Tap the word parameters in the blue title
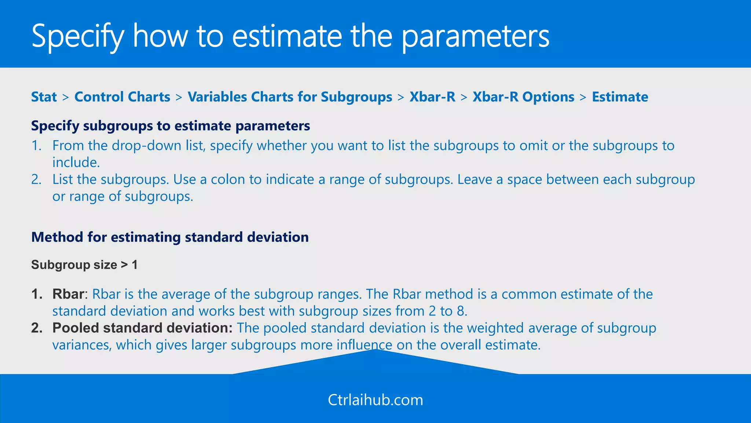point(476,37)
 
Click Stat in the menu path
point(44,97)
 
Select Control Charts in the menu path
point(122,97)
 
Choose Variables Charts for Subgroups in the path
point(290,97)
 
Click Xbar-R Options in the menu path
point(523,97)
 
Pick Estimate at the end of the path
point(620,97)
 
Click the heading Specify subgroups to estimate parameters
point(171,126)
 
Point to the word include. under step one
point(76,162)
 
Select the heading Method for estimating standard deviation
point(170,237)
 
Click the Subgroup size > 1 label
point(84,265)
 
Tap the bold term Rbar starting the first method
point(68,294)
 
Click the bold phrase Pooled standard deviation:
point(142,328)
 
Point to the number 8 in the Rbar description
point(461,311)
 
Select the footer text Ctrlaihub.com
point(375,400)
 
